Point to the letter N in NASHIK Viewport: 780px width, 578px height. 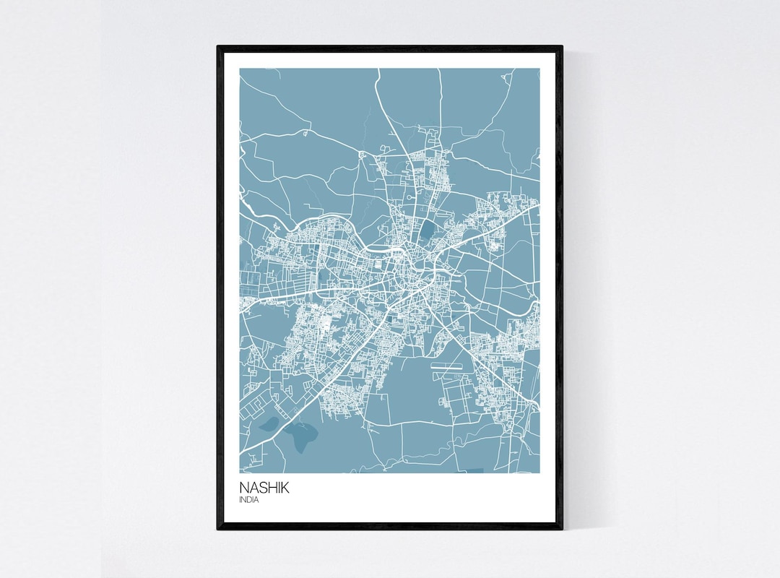[x=244, y=488]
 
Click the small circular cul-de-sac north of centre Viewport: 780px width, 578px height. [x=409, y=197]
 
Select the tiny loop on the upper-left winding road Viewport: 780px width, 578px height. [x=305, y=133]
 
